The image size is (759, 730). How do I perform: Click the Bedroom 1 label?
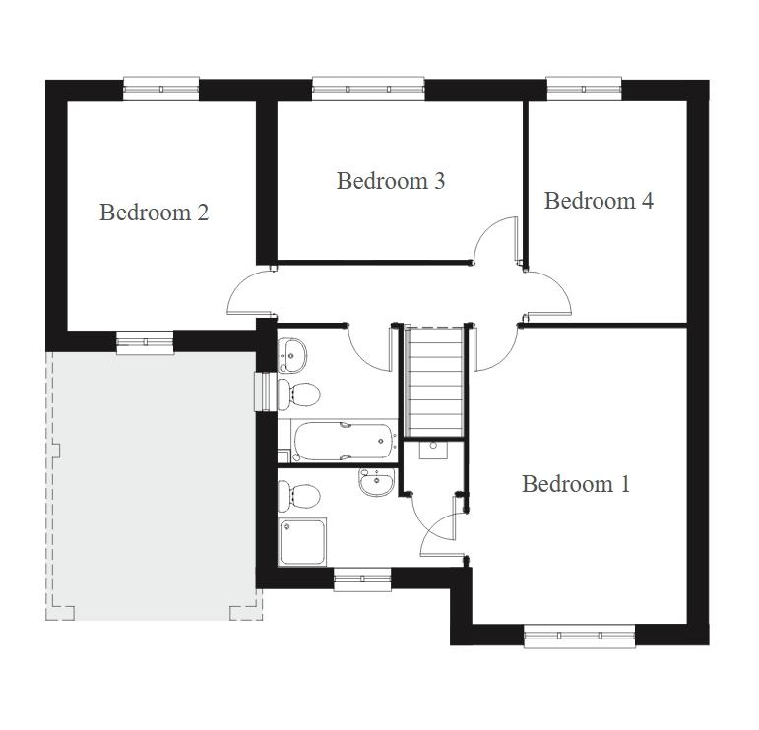(576, 484)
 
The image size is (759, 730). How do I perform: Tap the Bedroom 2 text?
(154, 213)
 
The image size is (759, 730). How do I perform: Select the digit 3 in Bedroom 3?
(439, 181)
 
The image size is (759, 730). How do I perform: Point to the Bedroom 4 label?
(599, 201)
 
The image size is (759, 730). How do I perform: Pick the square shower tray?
(302, 541)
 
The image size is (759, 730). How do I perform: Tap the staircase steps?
(435, 382)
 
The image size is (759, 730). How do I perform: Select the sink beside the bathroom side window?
(291, 355)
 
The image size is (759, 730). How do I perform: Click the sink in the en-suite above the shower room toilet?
(376, 482)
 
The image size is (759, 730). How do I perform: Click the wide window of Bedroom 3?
(368, 89)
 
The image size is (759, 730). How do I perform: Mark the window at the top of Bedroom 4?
(584, 89)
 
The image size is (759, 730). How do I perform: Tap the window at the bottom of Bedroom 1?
(580, 636)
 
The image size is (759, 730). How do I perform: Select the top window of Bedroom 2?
(161, 89)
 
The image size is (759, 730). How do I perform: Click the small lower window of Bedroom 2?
(146, 342)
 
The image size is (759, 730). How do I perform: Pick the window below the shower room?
(362, 579)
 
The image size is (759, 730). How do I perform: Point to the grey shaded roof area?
(154, 486)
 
